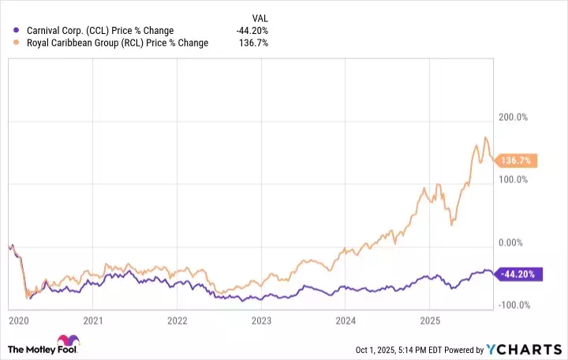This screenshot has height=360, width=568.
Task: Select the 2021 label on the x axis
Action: pyautogui.click(x=94, y=321)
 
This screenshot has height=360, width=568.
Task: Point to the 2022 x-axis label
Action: pyautogui.click(x=177, y=321)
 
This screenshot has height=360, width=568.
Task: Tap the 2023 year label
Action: pyautogui.click(x=261, y=321)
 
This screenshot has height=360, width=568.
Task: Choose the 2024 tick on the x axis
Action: pyautogui.click(x=345, y=321)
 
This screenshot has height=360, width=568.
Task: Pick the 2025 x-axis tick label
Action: pyautogui.click(x=428, y=321)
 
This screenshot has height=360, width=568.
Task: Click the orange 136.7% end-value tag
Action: pyautogui.click(x=518, y=160)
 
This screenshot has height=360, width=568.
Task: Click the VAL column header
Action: pyautogui.click(x=259, y=17)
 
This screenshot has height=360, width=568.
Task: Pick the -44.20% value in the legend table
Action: pyautogui.click(x=253, y=30)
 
